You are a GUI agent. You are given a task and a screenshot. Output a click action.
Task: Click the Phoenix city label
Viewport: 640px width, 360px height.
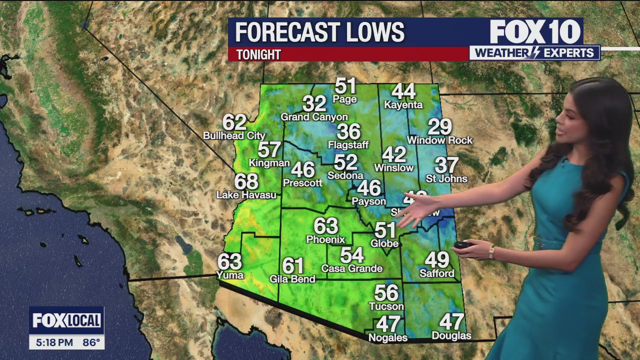pos(325,239)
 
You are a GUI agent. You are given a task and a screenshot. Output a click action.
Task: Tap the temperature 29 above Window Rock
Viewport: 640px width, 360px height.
pos(439,127)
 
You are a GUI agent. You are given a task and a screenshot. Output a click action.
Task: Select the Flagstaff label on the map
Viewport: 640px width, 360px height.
pos(348,145)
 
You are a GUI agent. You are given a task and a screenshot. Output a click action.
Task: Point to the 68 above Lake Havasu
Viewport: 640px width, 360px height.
pos(246,181)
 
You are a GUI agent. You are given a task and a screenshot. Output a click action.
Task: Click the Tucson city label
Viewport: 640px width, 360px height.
pos(386,306)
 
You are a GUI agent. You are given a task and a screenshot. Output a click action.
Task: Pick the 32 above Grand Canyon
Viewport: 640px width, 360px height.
pos(314,104)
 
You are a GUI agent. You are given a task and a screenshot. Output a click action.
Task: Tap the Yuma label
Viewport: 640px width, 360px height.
pos(230,274)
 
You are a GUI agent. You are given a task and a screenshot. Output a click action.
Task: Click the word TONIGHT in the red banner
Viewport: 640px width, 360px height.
pos(258,54)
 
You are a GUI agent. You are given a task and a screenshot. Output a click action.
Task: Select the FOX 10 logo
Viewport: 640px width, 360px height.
pos(534,32)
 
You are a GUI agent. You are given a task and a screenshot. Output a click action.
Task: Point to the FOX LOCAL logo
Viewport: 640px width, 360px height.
pos(66,320)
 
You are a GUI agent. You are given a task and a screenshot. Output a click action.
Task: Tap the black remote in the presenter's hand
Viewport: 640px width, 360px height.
pos(463,245)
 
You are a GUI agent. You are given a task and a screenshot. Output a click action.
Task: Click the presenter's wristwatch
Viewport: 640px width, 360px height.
pos(492,251)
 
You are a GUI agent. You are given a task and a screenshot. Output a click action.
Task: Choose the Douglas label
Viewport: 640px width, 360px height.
pos(451,335)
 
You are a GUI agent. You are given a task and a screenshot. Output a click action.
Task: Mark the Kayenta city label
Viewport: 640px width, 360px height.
pos(403,105)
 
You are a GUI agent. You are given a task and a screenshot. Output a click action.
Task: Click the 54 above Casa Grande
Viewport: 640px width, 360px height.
pos(352,255)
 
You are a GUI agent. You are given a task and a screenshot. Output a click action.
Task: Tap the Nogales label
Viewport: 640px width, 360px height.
pos(387,338)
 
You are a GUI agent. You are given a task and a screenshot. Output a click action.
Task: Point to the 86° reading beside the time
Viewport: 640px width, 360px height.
pos(90,343)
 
